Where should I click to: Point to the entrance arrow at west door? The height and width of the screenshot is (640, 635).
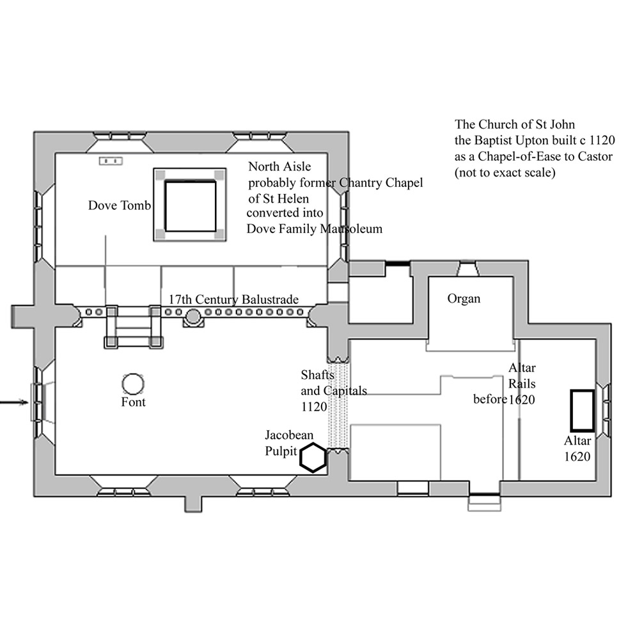click(x=14, y=403)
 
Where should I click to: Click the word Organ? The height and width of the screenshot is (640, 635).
click(x=464, y=299)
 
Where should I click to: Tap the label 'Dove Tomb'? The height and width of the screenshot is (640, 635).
click(x=120, y=205)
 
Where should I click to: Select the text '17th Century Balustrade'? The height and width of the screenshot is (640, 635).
click(x=233, y=300)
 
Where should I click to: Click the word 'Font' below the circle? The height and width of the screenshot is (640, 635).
click(x=134, y=403)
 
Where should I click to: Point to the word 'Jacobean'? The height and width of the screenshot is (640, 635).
click(x=289, y=435)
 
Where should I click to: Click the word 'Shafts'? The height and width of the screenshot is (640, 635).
click(x=317, y=374)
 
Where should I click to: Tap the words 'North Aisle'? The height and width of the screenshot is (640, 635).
click(x=279, y=166)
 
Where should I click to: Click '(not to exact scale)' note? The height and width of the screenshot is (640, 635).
click(x=505, y=173)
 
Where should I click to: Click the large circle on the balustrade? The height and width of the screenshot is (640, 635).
click(x=193, y=316)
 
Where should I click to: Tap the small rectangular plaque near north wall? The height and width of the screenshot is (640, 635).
click(x=111, y=161)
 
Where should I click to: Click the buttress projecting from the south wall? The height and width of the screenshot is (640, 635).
click(x=193, y=504)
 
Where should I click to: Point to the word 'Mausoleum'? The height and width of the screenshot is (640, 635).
click(x=351, y=228)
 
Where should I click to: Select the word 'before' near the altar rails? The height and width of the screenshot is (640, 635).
click(x=490, y=399)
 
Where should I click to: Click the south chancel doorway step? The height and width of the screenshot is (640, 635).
click(x=484, y=503)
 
